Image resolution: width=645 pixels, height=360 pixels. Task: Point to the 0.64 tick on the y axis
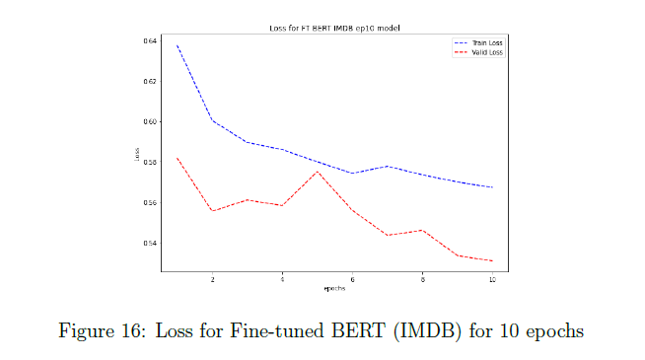pyautogui.click(x=150, y=40)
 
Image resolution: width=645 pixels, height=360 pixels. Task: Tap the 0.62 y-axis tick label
pyautogui.click(x=150, y=81)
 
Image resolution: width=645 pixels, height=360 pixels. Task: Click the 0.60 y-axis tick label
pyautogui.click(x=150, y=121)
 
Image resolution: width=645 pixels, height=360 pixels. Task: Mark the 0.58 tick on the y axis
pyautogui.click(x=150, y=162)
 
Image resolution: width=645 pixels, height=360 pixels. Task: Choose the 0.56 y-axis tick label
pyautogui.click(x=150, y=202)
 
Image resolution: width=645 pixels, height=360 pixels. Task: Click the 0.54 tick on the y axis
pyautogui.click(x=150, y=243)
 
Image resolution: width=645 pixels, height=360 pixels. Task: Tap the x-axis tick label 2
pyautogui.click(x=212, y=280)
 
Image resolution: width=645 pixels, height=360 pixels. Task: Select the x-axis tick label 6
pyautogui.click(x=352, y=280)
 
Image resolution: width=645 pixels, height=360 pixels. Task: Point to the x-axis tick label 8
pyautogui.click(x=422, y=280)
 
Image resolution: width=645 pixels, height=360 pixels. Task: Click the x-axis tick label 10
pyautogui.click(x=492, y=280)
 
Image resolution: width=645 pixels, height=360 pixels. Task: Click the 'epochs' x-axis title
pyautogui.click(x=334, y=289)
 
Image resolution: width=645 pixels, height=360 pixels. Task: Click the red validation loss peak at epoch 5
pyautogui.click(x=318, y=172)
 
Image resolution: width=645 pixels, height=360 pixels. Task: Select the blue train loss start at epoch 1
pyautogui.click(x=178, y=45)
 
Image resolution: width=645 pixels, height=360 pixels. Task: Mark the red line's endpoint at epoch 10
pyautogui.click(x=492, y=260)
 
